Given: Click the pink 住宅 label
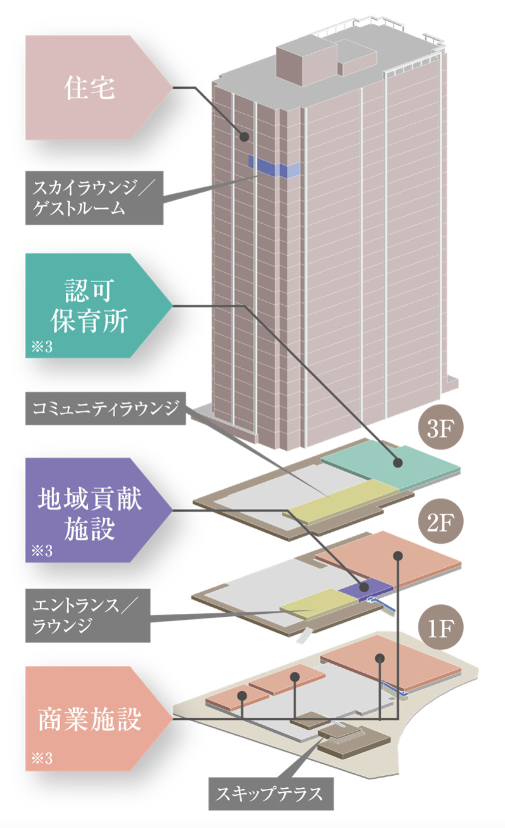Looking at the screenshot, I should coord(90,88).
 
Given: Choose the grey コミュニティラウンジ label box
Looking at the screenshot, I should coord(105,409).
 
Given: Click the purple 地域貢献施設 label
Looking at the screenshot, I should coord(90,510).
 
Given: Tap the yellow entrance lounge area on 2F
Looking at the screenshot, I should coord(312,602).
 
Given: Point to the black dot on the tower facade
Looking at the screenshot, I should coord(244,137).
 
